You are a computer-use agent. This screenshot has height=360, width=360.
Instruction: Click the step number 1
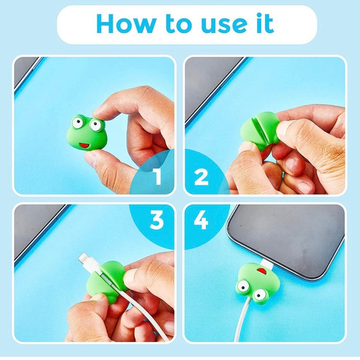point(157,177)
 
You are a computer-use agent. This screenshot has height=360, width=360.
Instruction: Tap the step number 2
point(201,177)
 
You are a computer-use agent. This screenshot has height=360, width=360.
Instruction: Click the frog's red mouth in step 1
point(83,146)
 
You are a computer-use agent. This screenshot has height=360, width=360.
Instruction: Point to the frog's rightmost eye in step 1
point(96,124)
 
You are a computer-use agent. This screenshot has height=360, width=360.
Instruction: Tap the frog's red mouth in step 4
point(263,272)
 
